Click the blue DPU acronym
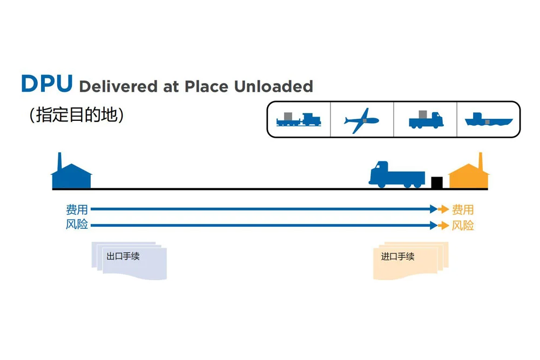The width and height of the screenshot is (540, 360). click(x=46, y=84)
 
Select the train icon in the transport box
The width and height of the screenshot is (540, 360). click(x=299, y=119)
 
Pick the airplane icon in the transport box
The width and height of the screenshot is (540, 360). click(x=362, y=119)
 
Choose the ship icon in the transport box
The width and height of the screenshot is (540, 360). click(x=488, y=119)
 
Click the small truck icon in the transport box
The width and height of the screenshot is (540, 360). click(x=426, y=119)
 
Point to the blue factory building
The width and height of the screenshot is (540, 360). click(x=71, y=177)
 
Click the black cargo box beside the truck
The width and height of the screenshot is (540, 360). click(x=437, y=182)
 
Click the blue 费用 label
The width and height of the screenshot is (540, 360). click(x=77, y=209)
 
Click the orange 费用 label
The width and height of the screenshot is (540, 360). click(x=463, y=209)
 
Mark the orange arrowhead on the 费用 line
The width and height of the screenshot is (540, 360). click(x=444, y=209)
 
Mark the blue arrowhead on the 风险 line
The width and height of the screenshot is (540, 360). click(x=433, y=225)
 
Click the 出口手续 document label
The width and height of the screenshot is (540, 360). click(x=123, y=256)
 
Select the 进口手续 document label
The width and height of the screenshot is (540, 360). click(x=398, y=256)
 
